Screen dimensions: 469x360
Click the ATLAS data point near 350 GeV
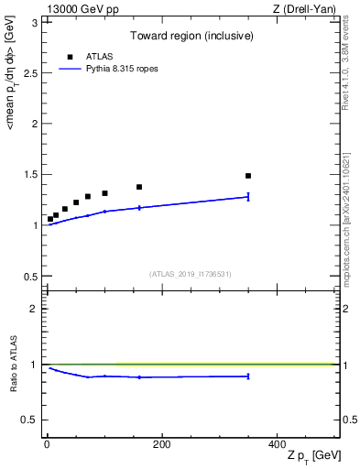point(248,176)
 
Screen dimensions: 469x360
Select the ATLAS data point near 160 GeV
point(139,187)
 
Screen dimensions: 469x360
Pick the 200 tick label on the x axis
point(161,444)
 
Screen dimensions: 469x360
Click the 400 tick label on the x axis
point(277,444)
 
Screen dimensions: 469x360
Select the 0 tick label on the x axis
point(47,444)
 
